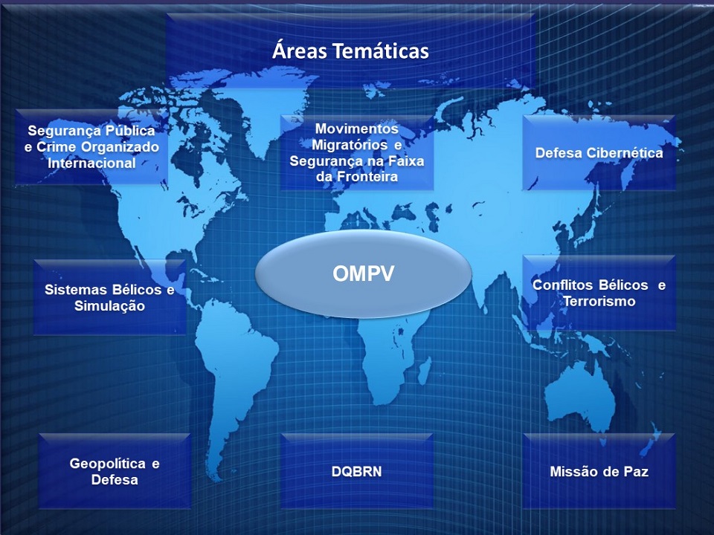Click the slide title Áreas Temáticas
pyautogui.click(x=350, y=50)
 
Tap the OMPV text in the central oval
pyautogui.click(x=363, y=274)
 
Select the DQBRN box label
pyautogui.click(x=356, y=471)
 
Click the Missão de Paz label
pyautogui.click(x=599, y=471)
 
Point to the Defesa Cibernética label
pyautogui.click(x=599, y=153)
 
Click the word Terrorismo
pyautogui.click(x=599, y=301)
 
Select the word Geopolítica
pyautogui.click(x=107, y=464)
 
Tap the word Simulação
pyautogui.click(x=109, y=306)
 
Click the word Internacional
pyautogui.click(x=91, y=163)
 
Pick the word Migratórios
pyautogui.click(x=350, y=145)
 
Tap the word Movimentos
pyautogui.click(x=356, y=129)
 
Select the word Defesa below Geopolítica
pyautogui.click(x=115, y=480)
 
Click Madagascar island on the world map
pyautogui.click(x=424, y=369)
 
